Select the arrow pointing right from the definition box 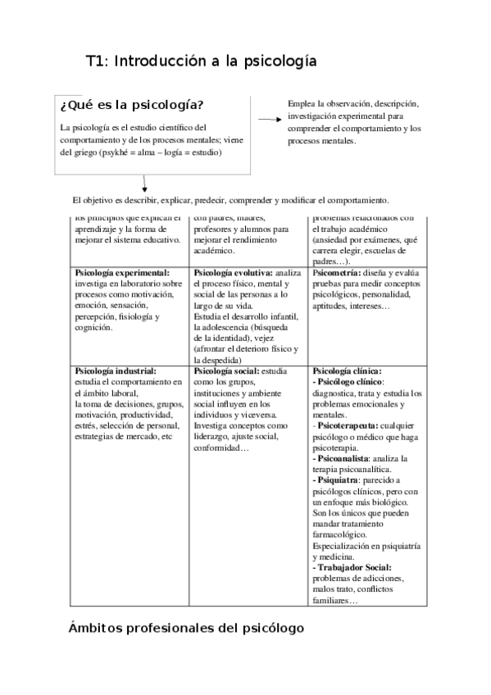coord(269,120)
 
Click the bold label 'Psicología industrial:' coord(115,371)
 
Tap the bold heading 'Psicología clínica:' coord(347,371)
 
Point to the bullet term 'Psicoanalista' coord(343,458)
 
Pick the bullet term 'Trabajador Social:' coord(354,567)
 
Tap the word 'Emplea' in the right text coord(301,104)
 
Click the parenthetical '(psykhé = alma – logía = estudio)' coord(159,152)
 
